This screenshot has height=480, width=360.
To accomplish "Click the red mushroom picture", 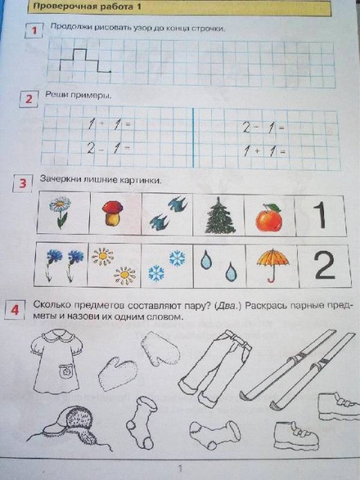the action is pyautogui.click(x=113, y=213).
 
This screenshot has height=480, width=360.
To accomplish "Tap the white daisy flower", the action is pyautogui.click(x=60, y=212).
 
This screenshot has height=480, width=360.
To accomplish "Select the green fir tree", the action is pyautogui.click(x=219, y=215).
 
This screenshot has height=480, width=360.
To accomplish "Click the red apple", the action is pyautogui.click(x=269, y=217).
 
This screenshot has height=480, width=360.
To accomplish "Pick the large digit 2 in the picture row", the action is pyautogui.click(x=325, y=265).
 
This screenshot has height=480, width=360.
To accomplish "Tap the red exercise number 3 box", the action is pyautogui.click(x=22, y=184).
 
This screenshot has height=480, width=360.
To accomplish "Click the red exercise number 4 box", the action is pyautogui.click(x=15, y=310).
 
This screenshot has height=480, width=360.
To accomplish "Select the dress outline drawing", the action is pyautogui.click(x=56, y=362).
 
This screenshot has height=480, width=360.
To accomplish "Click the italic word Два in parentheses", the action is pyautogui.click(x=226, y=306).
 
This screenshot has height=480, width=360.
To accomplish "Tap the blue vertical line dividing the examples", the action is pyautogui.click(x=193, y=137).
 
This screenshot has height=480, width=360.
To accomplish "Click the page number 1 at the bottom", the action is pyautogui.click(x=180, y=468).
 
